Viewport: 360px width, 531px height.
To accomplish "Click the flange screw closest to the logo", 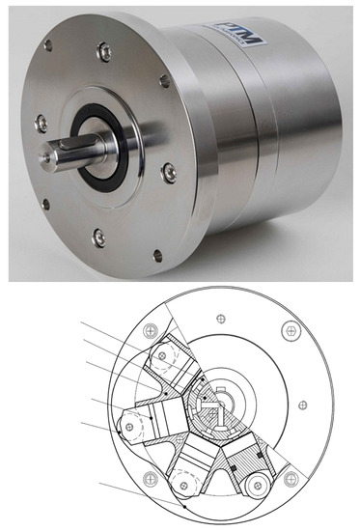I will point(165,82).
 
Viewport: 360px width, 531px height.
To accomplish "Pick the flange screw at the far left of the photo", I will point(41,122).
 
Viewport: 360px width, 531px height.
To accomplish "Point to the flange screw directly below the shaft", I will point(97,237).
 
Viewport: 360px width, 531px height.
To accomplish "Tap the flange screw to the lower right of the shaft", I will point(170,173).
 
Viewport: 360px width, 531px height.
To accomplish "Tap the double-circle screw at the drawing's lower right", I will point(287,479).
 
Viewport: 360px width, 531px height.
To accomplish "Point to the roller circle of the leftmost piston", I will point(131,425).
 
